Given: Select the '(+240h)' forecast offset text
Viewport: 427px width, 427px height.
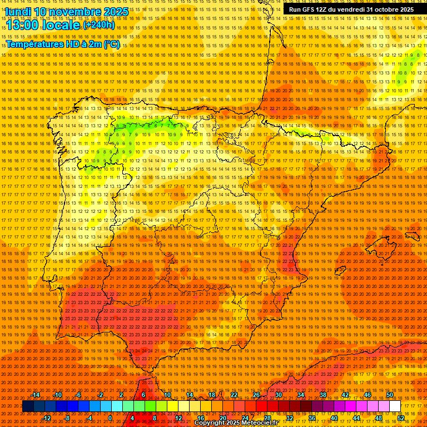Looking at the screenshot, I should point(99,24).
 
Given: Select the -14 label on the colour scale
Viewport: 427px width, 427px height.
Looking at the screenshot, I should point(36,395).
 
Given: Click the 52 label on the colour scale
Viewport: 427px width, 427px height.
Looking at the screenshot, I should point(401,418).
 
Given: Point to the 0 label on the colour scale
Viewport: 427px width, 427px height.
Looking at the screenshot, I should point(110,418).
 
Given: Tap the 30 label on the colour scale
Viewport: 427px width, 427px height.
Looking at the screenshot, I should point(278,395).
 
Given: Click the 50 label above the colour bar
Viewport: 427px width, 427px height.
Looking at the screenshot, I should point(390,395).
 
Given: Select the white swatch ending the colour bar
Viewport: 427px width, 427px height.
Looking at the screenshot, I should point(395,406).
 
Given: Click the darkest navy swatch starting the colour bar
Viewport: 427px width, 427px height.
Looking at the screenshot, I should point(28,406).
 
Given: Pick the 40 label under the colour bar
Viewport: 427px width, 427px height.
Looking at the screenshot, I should point(334,418).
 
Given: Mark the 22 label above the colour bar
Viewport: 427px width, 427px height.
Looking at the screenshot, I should point(234,395).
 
